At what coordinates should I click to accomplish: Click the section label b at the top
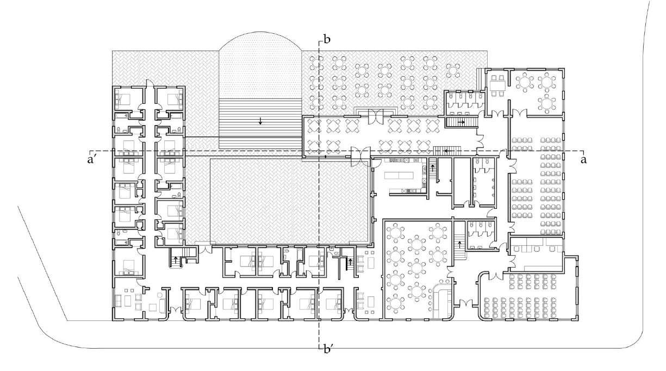point(327,39)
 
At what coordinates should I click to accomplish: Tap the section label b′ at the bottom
point(328,349)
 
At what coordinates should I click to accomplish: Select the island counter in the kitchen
point(399,176)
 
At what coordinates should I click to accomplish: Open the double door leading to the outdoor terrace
point(376,115)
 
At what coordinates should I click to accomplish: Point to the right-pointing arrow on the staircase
point(461,122)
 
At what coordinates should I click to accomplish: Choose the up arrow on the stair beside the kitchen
point(432,168)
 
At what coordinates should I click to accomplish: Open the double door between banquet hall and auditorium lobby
point(464,303)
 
